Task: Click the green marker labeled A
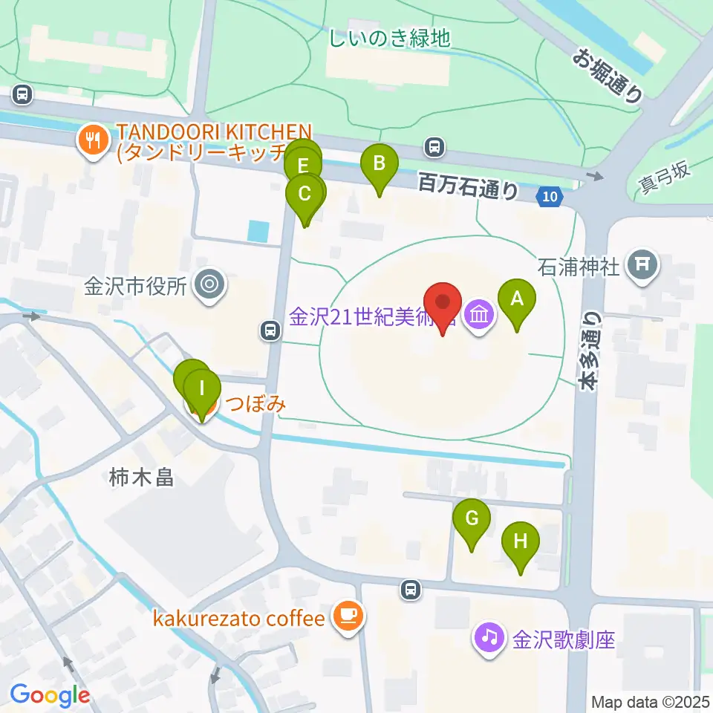click(x=517, y=300)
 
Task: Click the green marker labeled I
click(x=201, y=388)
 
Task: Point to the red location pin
click(x=443, y=304)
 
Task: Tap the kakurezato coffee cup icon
click(x=347, y=616)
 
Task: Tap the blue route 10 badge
click(x=549, y=196)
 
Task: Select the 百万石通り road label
click(x=468, y=186)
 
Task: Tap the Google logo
click(x=50, y=695)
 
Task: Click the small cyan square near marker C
click(x=258, y=231)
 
